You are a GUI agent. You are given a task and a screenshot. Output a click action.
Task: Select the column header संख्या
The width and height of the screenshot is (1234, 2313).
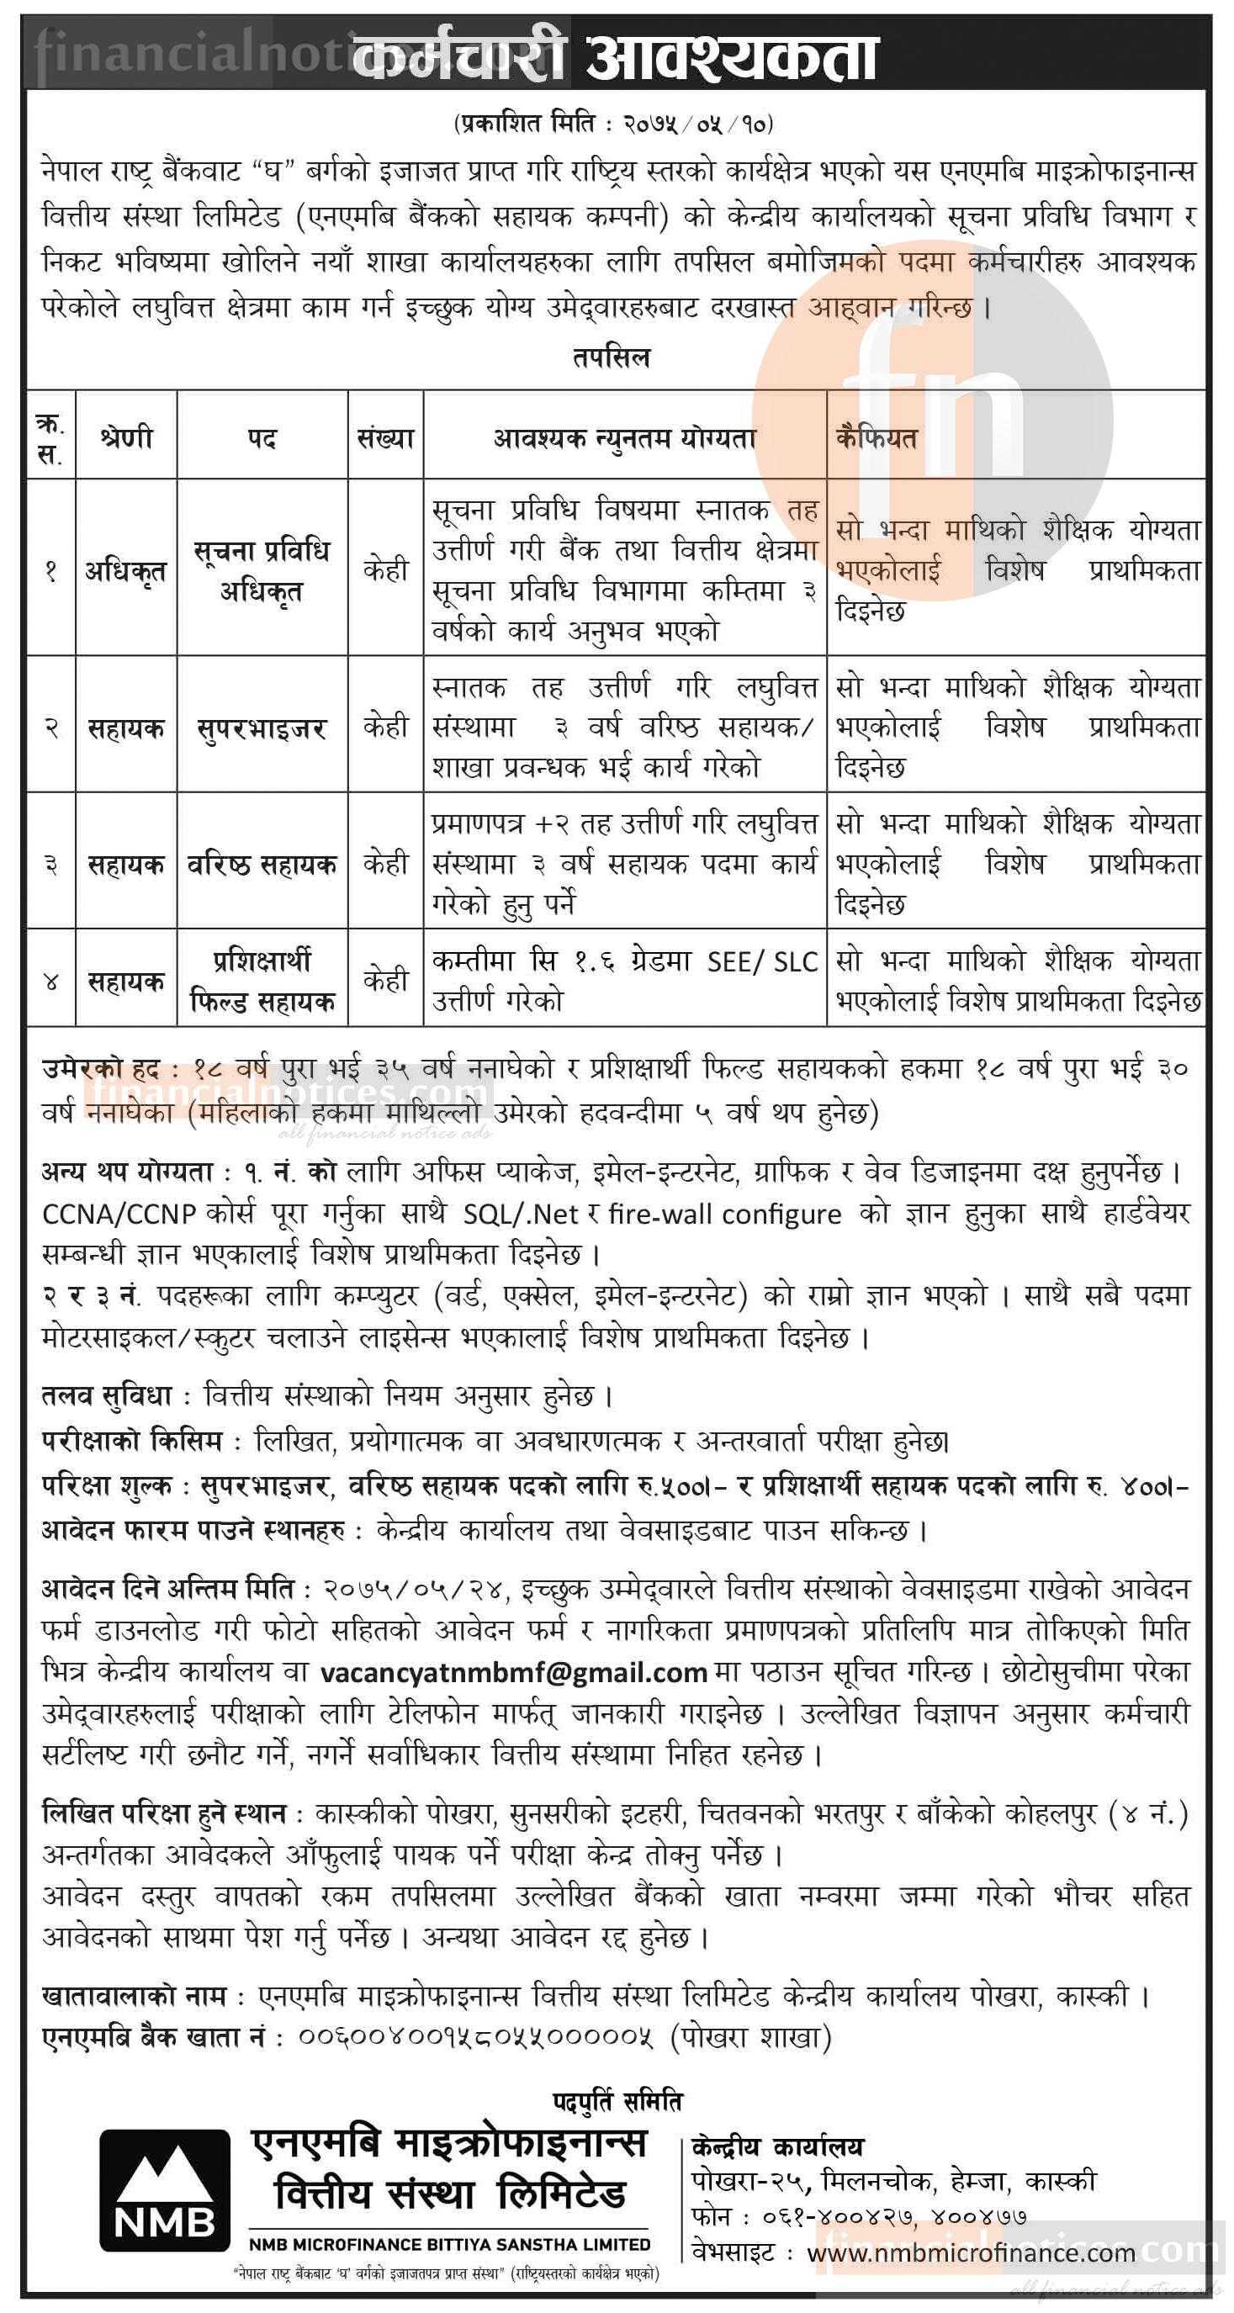[385, 438]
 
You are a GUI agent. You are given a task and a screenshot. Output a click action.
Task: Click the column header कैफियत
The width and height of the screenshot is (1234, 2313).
[876, 438]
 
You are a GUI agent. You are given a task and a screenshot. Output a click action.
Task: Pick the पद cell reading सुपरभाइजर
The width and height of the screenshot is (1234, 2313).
[262, 728]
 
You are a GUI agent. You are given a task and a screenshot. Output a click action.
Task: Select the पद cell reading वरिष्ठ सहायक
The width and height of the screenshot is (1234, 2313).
[262, 864]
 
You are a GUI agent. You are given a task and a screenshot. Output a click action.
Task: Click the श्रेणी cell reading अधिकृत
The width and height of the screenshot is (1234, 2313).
[125, 571]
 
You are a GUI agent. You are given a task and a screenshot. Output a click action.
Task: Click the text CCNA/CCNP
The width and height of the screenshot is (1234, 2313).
[119, 1214]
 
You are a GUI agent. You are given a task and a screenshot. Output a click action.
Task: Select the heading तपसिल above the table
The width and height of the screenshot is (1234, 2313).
[611, 357]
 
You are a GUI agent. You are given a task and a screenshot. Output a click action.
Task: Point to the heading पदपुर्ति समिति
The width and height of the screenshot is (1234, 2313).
[617, 2101]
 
